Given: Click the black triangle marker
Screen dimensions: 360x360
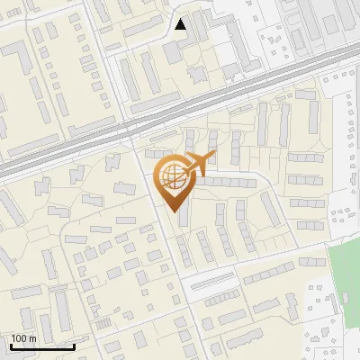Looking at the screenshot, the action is [x=181, y=24].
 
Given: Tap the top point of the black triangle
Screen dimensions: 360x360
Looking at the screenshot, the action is [x=181, y=18].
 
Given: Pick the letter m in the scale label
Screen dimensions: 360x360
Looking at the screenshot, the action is [x=32, y=338].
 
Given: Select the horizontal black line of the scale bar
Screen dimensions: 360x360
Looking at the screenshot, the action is [x=40, y=346].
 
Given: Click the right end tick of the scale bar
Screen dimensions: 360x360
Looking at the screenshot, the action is [x=74, y=345].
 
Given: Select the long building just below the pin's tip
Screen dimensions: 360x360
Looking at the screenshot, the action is [x=184, y=217].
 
